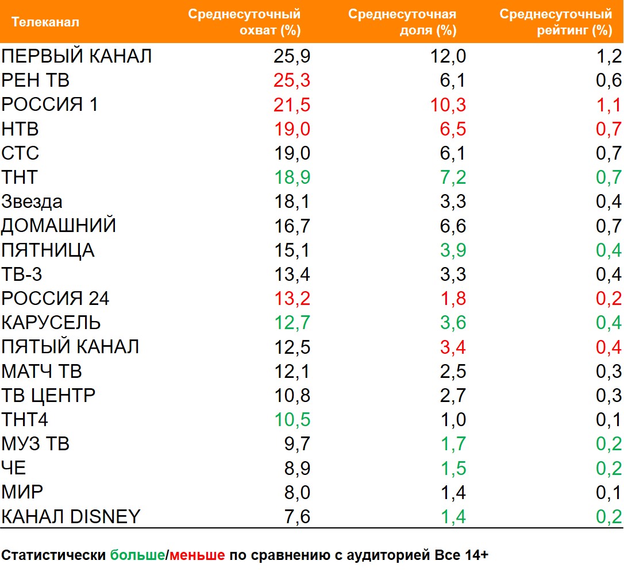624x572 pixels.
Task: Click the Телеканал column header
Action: point(45,22)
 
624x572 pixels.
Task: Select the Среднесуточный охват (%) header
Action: point(244,22)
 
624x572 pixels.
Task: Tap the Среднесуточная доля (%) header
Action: point(402,22)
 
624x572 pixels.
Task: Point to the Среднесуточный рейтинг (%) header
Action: point(555,22)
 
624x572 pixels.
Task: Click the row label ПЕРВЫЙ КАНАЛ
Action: point(76,56)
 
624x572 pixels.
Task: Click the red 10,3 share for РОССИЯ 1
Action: point(448,105)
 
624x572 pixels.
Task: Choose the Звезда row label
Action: point(32,202)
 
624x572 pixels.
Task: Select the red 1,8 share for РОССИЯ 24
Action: point(452,299)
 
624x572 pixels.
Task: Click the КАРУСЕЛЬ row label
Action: point(51,323)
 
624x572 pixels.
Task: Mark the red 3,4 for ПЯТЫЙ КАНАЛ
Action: point(452,347)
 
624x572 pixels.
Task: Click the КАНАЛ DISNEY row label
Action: point(71,516)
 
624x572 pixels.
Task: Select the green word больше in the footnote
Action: point(137,555)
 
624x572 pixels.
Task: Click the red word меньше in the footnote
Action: point(197,555)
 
